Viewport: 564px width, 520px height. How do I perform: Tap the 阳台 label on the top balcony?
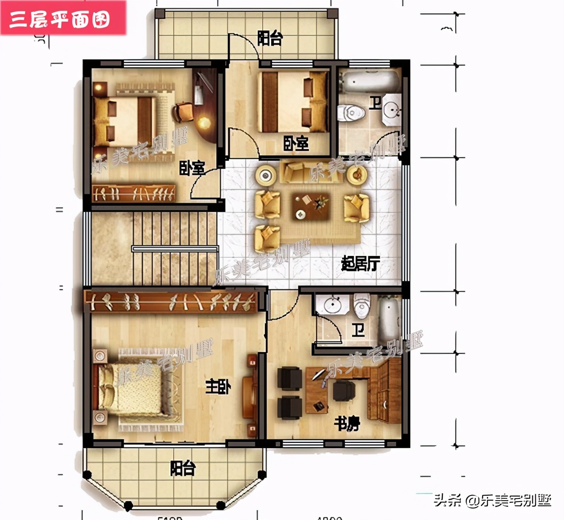point(270,38)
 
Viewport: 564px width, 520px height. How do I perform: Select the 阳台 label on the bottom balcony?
point(182,468)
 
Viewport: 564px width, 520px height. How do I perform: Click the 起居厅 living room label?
point(360,264)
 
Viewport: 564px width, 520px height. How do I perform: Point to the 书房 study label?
point(347,423)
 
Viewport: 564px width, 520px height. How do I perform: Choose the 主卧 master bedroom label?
point(218,387)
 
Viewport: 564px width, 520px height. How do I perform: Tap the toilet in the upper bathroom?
point(351,112)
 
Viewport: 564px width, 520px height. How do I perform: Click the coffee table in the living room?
point(312,206)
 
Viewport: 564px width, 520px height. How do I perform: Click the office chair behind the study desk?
point(344,390)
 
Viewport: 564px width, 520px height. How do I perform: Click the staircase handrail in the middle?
point(175,249)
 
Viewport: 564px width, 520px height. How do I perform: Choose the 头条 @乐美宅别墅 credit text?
point(492,501)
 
